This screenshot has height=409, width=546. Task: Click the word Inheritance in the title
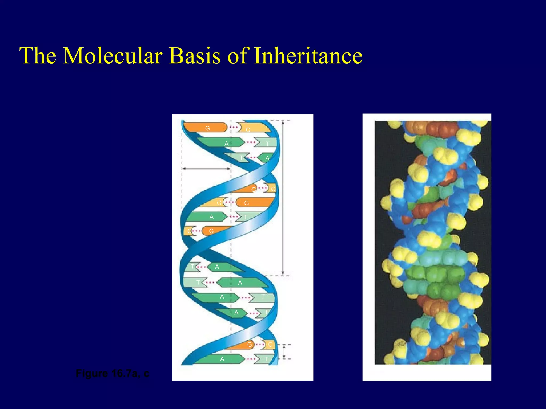tap(308, 56)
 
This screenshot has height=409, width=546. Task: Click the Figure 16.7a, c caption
tap(112, 373)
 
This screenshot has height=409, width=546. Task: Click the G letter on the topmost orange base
tap(207, 128)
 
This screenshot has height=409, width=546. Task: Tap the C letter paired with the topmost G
tap(248, 130)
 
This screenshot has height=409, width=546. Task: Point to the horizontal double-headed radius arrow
tap(206, 169)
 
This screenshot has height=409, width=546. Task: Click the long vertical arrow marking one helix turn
tap(283, 197)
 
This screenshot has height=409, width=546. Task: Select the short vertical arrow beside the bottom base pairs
tap(284, 352)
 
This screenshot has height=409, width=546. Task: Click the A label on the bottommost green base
tap(222, 359)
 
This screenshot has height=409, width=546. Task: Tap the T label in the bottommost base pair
tap(266, 359)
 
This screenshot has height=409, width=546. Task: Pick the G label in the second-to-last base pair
tap(250, 345)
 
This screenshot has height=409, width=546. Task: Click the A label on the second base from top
tap(226, 144)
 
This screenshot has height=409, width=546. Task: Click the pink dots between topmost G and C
tap(234, 128)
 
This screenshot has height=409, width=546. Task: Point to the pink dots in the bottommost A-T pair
tap(251, 359)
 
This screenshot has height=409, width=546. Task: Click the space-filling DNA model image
tap(433, 242)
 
